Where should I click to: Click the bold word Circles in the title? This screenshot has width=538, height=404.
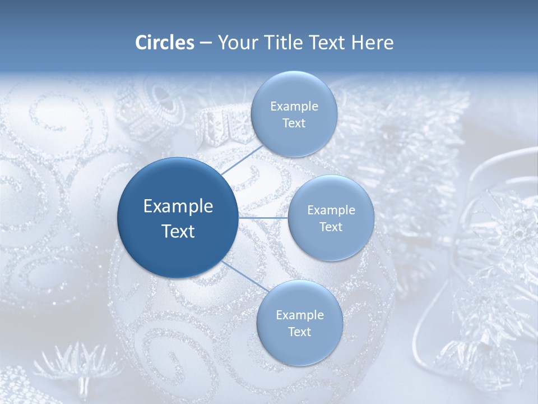coord(164,43)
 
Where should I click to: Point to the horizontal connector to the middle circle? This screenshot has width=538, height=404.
coord(263,218)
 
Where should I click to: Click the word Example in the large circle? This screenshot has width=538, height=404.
coord(178,206)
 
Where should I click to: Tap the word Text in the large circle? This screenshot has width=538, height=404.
coord(178,231)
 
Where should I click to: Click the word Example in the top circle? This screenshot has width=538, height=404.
coord(294,107)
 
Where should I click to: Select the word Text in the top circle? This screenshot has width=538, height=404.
coord(294,123)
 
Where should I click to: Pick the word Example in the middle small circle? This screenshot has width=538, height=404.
coord(331,210)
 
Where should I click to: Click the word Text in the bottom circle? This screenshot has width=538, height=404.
coord(299,332)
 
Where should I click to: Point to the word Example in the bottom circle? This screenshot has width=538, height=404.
coord(300,315)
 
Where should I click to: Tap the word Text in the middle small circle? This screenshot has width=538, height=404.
coord(331,227)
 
